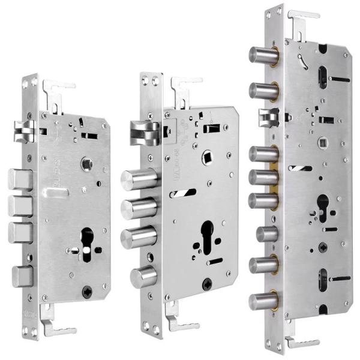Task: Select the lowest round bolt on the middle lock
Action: pos(142,277)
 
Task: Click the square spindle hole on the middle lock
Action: pos(209,154)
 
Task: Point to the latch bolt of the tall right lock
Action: pos(268,118)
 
